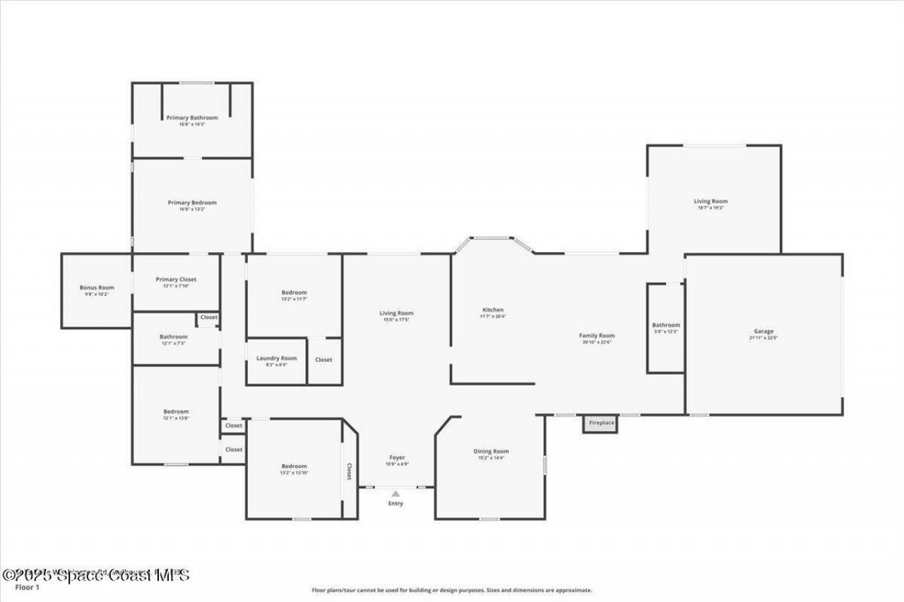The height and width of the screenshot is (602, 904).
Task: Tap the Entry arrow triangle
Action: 395,494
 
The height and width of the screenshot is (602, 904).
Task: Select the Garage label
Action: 763,331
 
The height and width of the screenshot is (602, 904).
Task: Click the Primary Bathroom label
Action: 192,118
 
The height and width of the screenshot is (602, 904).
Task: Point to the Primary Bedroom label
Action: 192,203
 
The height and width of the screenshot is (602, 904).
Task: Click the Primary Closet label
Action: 177,279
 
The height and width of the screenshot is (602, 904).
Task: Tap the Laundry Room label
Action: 276,359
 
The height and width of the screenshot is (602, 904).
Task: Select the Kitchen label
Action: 493,310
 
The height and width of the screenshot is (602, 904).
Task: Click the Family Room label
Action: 597,336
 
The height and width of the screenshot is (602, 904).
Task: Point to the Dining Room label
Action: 491,451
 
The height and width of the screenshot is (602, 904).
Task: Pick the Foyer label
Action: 397,457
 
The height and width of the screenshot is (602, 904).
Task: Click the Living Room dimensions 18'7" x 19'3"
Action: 710,207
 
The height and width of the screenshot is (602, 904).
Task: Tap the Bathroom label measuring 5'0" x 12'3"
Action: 666,325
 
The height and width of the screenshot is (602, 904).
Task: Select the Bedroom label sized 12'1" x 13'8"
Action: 176,411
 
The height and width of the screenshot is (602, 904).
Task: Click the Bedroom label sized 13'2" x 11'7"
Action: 294,292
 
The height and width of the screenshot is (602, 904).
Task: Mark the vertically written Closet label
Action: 349,471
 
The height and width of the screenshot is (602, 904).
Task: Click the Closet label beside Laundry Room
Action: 323,360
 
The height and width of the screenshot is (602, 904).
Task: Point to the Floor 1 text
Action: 28,586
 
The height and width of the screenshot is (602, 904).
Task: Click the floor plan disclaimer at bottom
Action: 452,590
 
